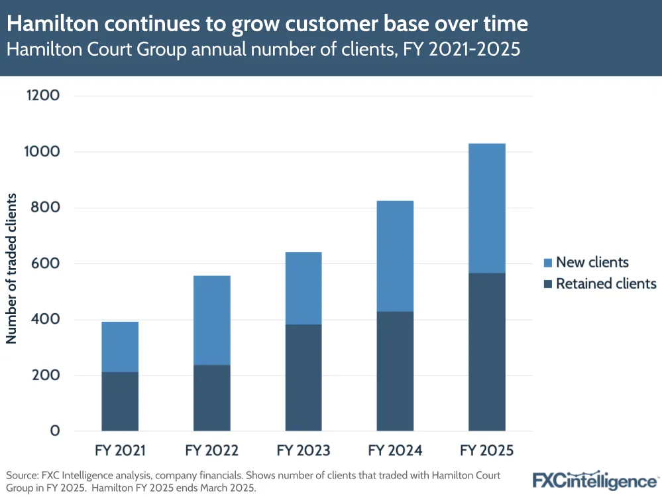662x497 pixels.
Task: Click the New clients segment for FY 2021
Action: [120, 346]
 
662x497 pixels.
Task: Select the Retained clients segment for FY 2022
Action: [212, 397]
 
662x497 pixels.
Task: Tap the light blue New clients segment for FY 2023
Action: [303, 288]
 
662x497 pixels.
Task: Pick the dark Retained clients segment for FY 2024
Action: [395, 371]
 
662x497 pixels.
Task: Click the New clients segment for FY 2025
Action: [487, 208]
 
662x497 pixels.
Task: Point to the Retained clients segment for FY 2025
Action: [487, 352]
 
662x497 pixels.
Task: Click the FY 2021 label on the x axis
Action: [120, 451]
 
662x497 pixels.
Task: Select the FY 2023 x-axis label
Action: [303, 451]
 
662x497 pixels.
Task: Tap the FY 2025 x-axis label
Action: [487, 451]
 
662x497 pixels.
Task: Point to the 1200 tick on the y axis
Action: [43, 96]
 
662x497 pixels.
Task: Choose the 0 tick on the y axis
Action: [55, 431]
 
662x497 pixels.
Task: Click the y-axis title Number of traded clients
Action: [11, 269]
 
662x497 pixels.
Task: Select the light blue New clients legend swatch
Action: [547, 262]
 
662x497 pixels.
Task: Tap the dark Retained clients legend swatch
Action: [547, 284]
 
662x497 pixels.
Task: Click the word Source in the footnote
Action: [23, 476]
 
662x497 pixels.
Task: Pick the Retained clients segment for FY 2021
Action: [120, 401]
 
